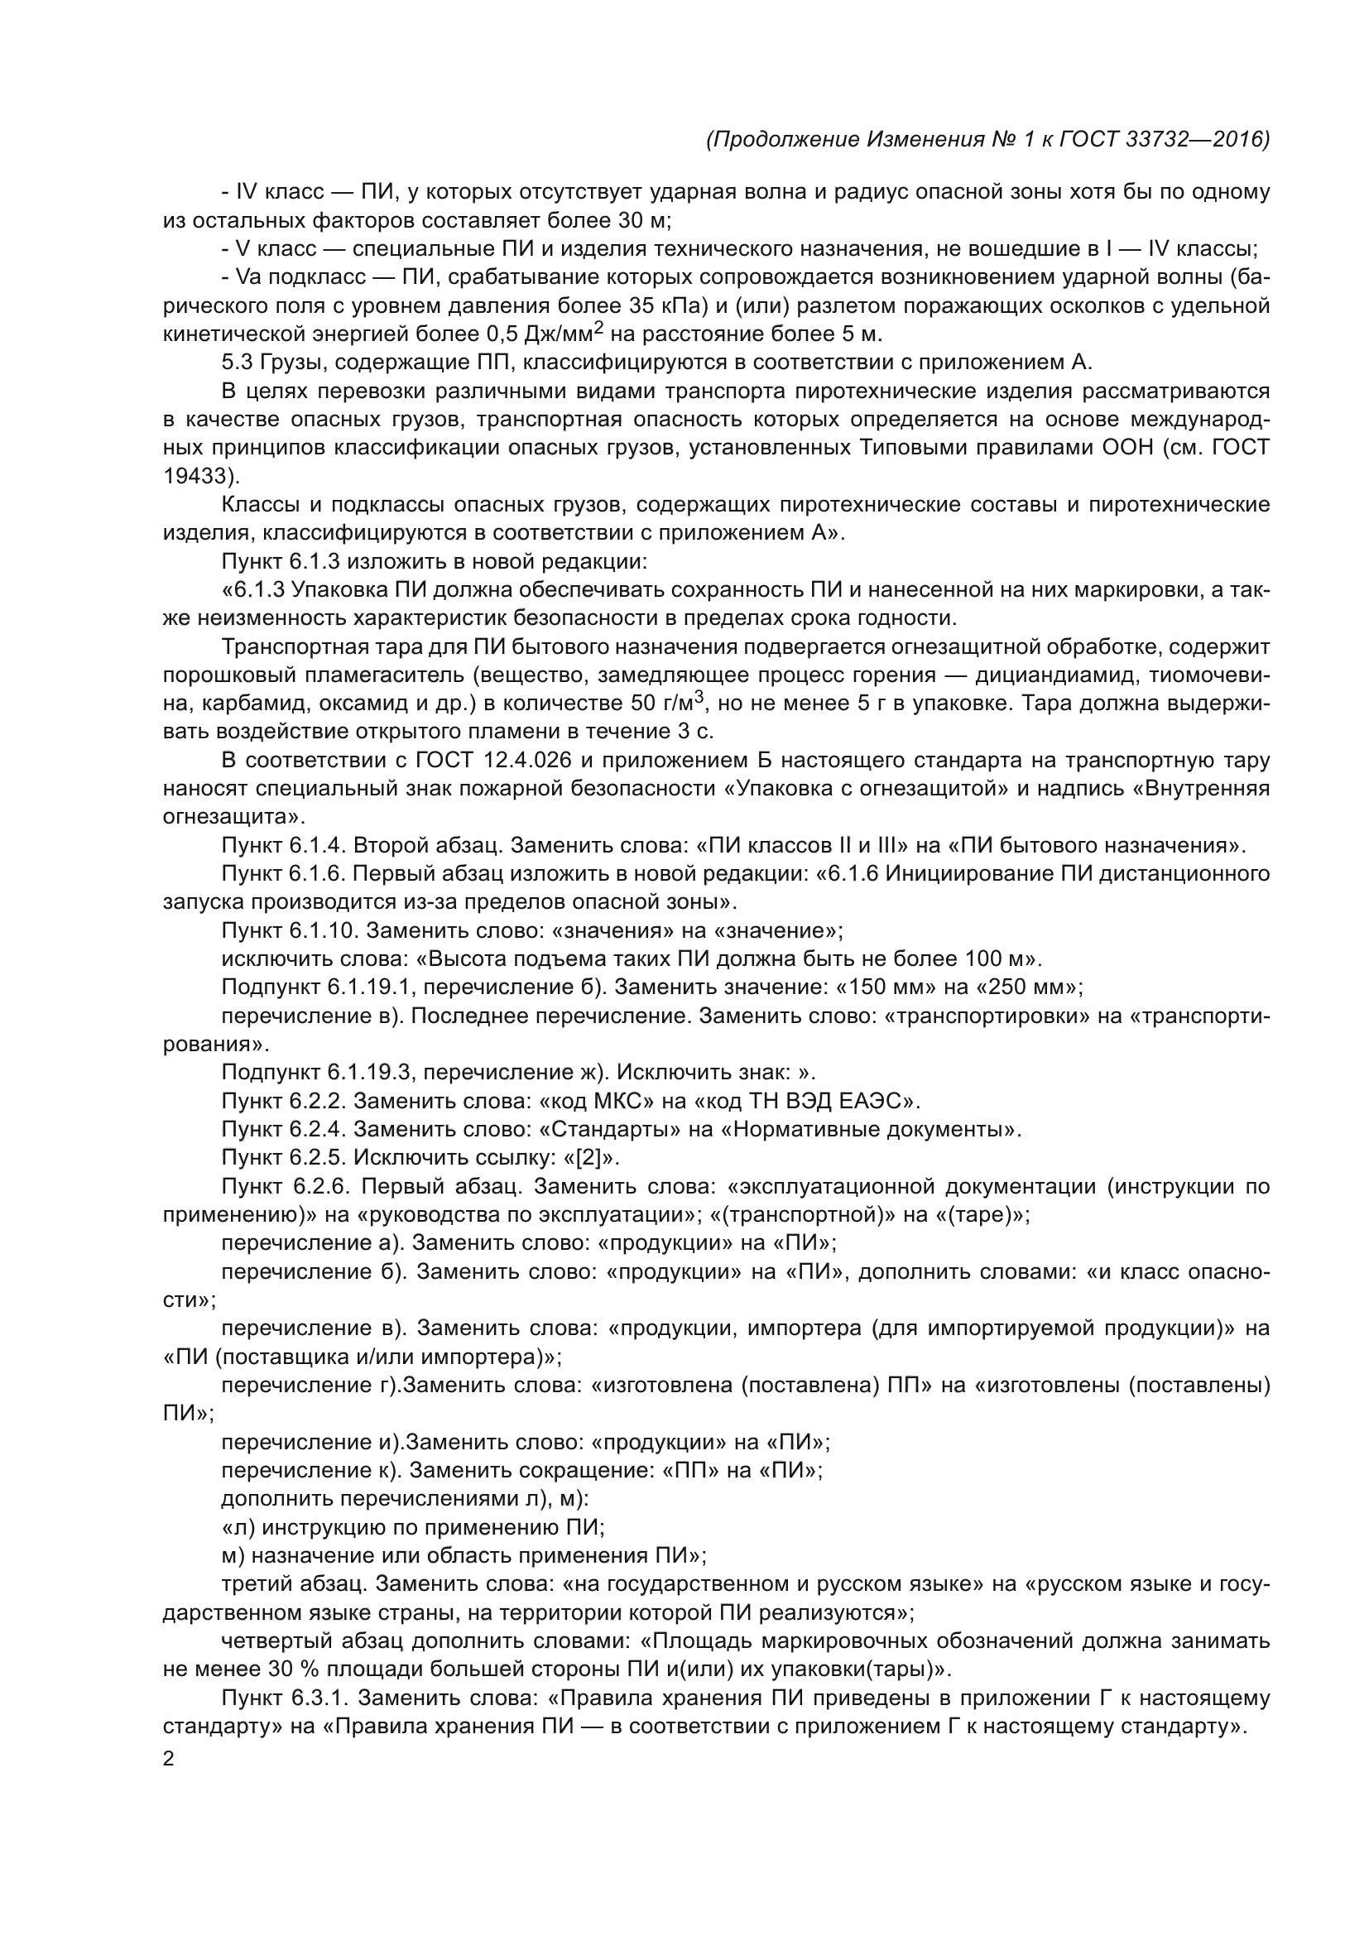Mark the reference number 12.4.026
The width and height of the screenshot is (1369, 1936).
527,761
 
